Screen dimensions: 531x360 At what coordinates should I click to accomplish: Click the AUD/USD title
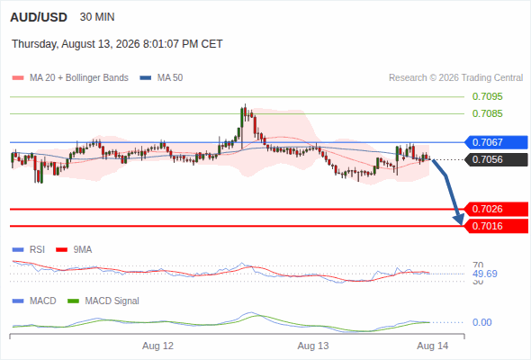39,17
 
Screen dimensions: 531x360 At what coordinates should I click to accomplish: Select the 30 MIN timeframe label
97,17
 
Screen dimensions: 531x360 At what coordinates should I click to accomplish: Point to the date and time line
117,44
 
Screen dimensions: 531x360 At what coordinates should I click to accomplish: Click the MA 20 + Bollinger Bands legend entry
70,78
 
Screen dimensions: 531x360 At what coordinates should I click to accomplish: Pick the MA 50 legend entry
161,78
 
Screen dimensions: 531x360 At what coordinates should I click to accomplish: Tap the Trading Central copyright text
455,78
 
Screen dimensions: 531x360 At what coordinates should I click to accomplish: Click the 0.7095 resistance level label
487,96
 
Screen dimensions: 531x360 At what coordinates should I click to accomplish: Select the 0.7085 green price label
487,113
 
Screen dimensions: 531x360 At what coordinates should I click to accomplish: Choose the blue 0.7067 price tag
496,142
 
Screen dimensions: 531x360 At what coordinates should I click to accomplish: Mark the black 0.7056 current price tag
496,159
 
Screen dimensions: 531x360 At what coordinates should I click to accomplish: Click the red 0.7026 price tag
496,209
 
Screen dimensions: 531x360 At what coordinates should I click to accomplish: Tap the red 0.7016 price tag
496,226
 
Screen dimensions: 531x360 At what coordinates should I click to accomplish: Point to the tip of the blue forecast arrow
461,225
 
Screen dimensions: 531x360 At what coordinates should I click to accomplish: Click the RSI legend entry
29,249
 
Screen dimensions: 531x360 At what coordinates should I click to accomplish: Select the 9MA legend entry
74,249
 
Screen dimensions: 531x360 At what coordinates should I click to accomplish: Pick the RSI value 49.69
485,274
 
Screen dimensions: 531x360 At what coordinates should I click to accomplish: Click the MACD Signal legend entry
103,301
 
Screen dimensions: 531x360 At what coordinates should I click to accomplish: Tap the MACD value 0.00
481,322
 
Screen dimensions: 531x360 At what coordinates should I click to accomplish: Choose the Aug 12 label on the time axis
157,346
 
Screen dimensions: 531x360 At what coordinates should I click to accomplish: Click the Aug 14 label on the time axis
433,346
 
